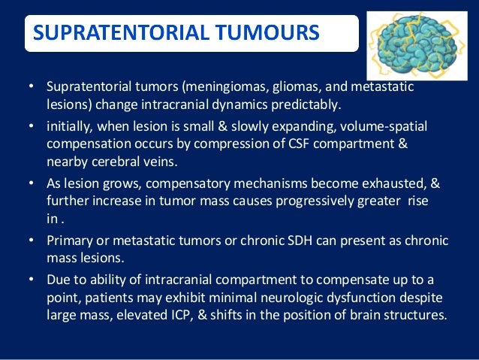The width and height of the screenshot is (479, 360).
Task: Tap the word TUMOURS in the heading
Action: pos(273,34)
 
